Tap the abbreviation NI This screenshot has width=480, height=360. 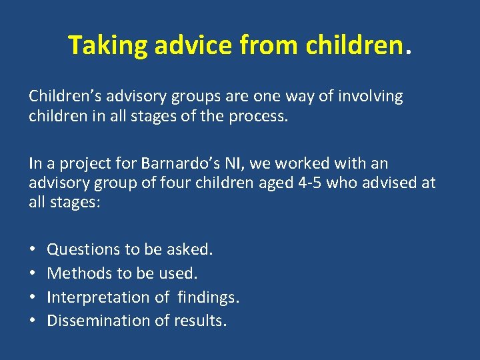pos(219,163)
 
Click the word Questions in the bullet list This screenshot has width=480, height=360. pos(84,249)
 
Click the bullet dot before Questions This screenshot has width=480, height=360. pos(33,249)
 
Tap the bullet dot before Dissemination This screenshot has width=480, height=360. pos(33,321)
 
